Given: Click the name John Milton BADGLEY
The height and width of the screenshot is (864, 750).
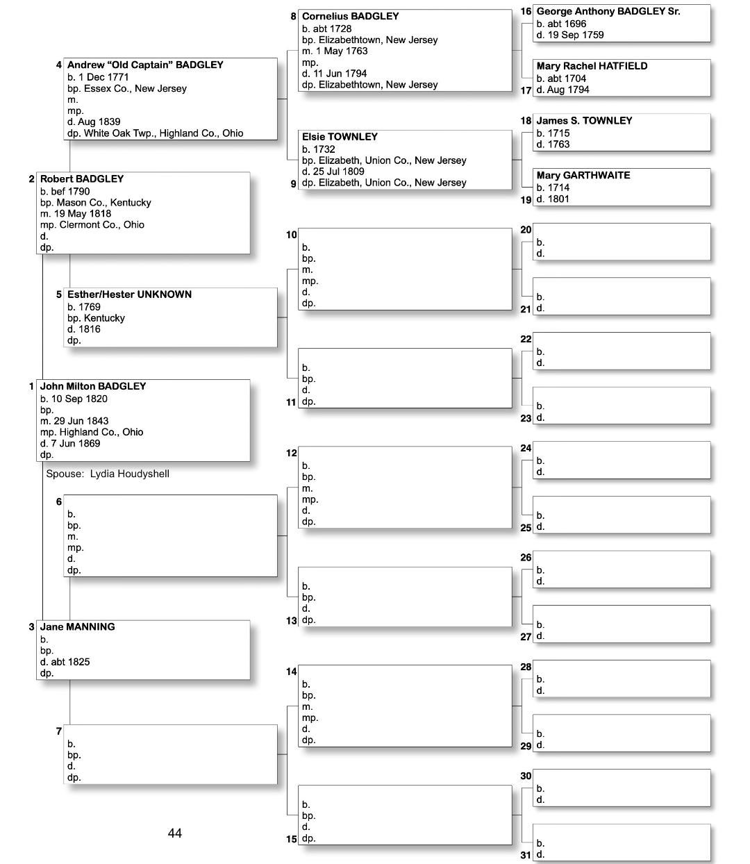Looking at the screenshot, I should click(93, 386).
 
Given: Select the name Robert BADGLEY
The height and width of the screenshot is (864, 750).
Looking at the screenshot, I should click(82, 178).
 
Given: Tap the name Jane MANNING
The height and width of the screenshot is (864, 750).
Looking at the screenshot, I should click(78, 626).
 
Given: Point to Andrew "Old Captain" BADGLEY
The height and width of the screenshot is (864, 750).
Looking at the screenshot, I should click(145, 65).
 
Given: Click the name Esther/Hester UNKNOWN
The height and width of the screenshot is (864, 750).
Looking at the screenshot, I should click(129, 294).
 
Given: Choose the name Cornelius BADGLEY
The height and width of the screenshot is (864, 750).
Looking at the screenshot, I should click(350, 16).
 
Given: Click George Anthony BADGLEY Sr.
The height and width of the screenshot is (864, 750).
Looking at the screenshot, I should click(608, 11).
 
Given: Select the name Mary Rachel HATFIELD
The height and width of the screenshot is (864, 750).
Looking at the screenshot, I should click(592, 66).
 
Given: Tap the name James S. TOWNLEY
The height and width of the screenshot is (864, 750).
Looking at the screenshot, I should click(584, 121).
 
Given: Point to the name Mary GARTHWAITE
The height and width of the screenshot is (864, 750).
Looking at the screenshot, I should click(583, 175).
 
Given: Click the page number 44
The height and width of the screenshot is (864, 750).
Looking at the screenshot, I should click(175, 833).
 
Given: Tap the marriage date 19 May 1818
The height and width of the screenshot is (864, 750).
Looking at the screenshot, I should click(82, 213).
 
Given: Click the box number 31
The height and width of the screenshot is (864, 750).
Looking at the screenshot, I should click(526, 855).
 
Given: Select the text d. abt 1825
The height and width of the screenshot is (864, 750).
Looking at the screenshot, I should click(65, 662).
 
